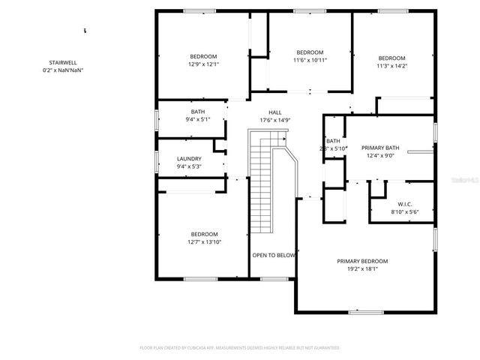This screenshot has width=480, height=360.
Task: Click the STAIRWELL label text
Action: [63, 64]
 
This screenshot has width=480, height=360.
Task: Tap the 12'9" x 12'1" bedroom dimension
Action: [203, 64]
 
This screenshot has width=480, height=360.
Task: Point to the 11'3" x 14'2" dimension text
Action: [391, 66]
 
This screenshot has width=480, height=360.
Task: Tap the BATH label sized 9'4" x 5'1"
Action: [198, 111]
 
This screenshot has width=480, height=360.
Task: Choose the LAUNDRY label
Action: [189, 158]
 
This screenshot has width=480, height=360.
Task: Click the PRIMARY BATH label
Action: [380, 148]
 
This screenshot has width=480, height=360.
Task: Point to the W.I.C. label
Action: [404, 205]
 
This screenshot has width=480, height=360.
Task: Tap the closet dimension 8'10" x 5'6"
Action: [404, 212]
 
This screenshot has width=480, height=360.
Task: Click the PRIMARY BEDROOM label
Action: [362, 261]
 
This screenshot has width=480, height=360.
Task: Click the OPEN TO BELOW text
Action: [274, 255]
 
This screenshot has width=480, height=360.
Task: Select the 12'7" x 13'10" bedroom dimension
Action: [204, 241]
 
